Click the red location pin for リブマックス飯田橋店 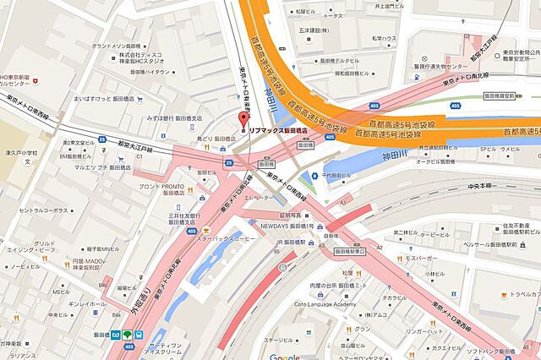tap(243, 118)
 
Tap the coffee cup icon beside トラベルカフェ tap(502, 295)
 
